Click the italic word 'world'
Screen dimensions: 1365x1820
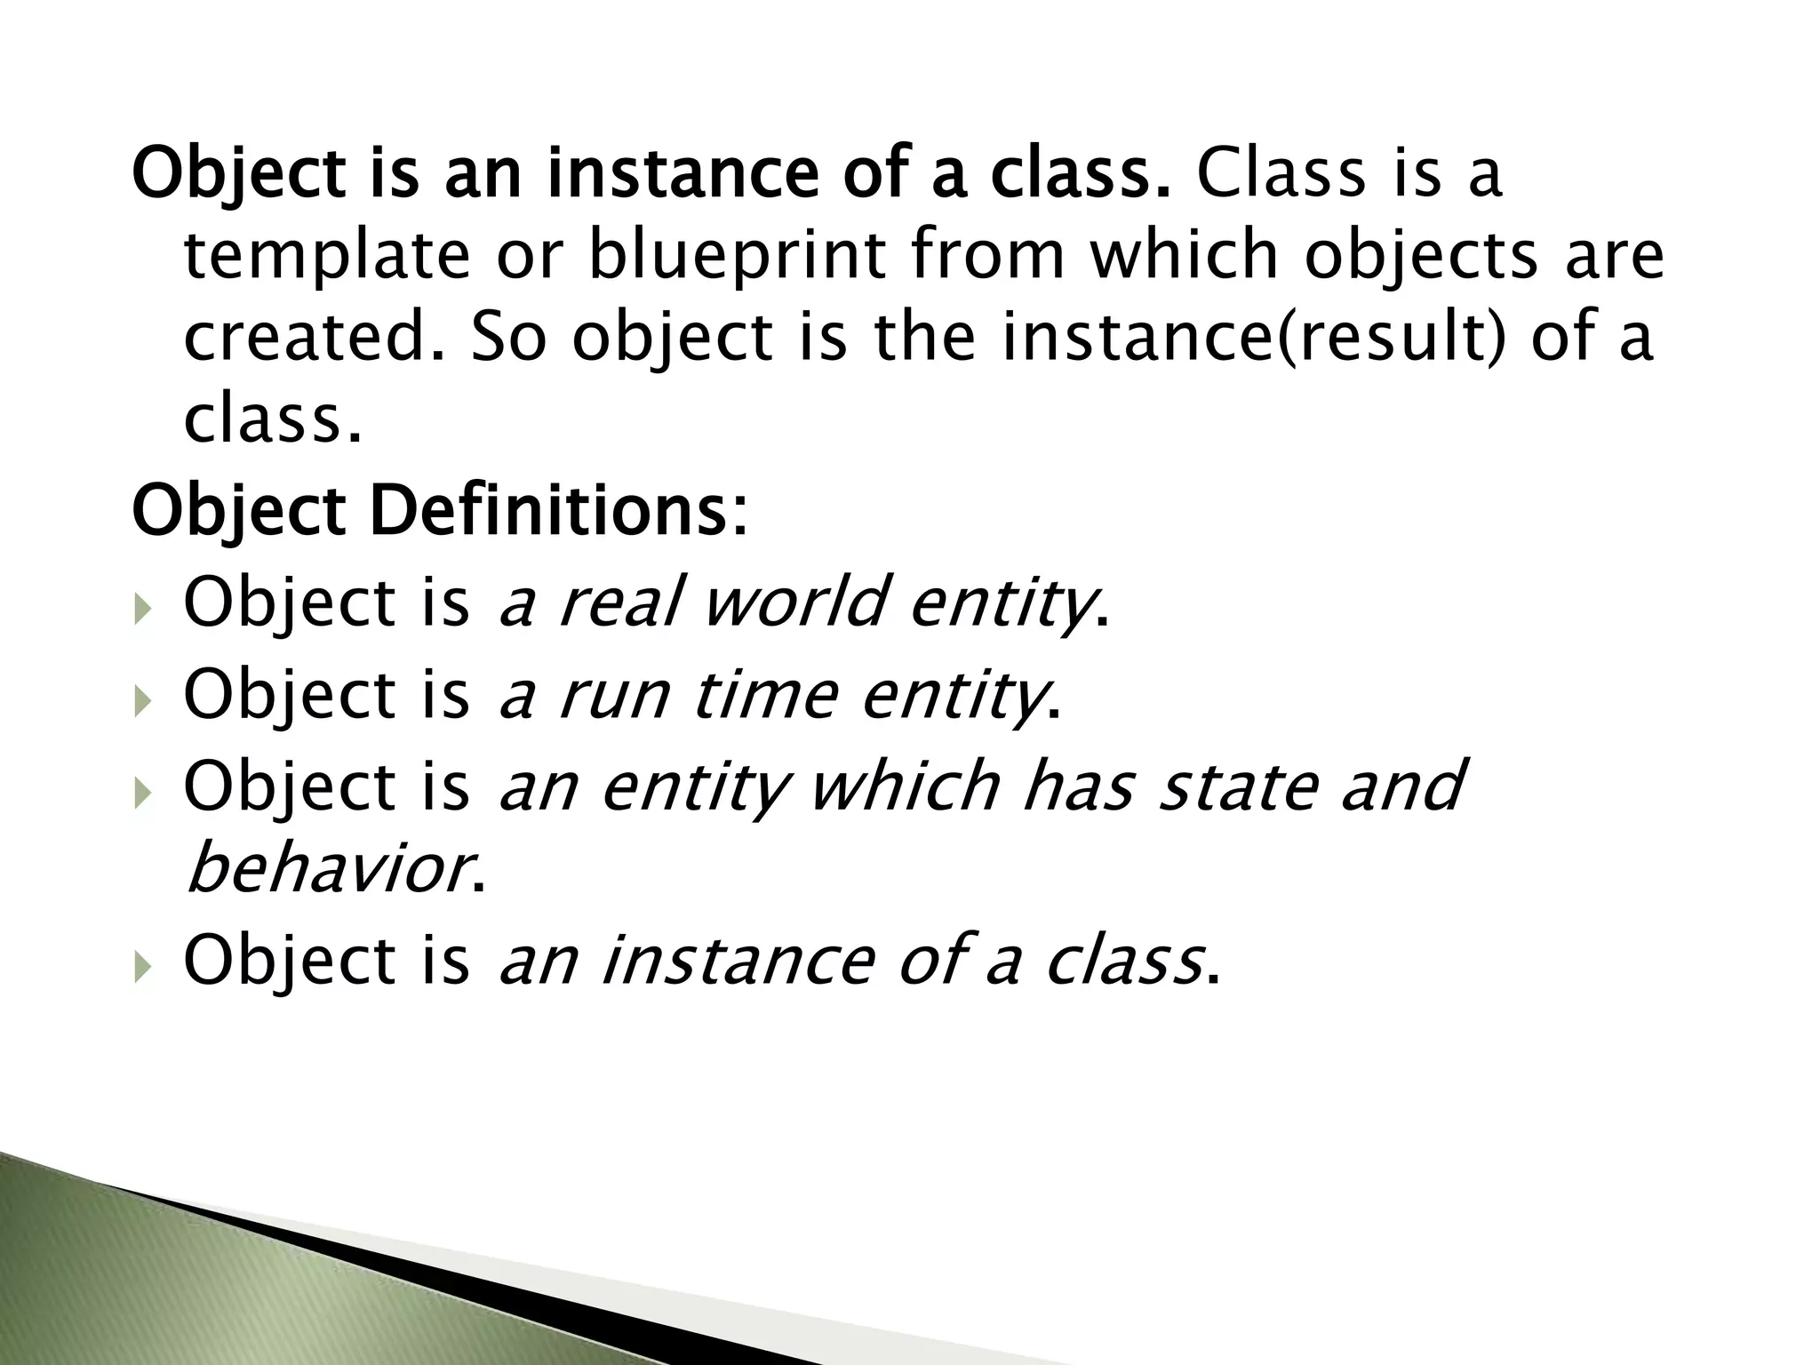tap(793, 603)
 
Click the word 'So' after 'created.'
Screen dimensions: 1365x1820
tap(507, 339)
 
